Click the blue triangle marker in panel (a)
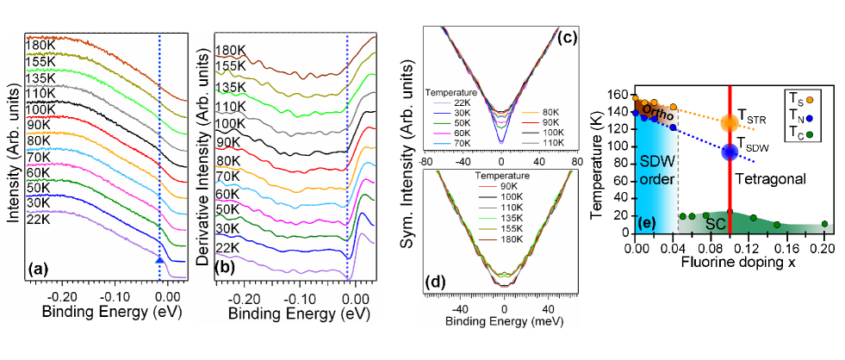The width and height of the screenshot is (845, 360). coord(159,258)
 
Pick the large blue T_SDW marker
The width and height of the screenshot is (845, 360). coord(730,152)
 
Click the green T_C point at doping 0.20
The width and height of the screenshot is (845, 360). coord(824,224)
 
